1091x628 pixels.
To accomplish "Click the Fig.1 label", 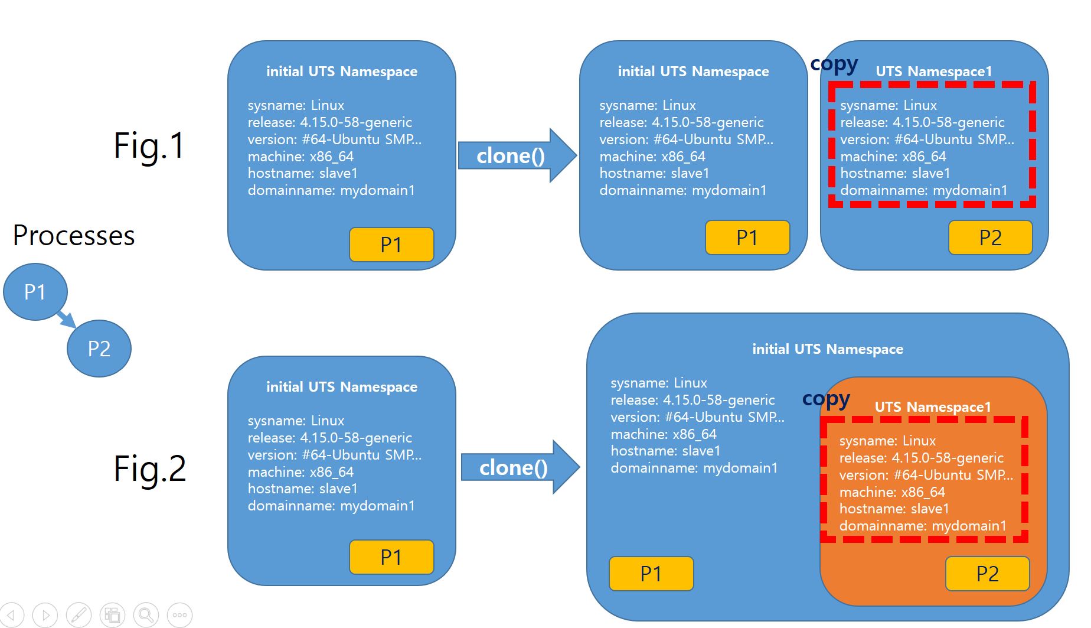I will tap(149, 146).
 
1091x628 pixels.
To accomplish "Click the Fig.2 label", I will tap(150, 468).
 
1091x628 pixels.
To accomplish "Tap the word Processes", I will tap(74, 236).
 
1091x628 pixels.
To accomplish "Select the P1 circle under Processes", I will tap(35, 292).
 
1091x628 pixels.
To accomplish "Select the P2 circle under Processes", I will tap(99, 349).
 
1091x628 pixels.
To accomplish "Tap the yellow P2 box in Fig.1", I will tap(990, 237).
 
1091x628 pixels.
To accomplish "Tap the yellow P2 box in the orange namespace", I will tap(987, 574).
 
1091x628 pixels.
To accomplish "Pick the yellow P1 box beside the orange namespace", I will tap(651, 574).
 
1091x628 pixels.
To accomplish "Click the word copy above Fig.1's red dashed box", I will tap(834, 64).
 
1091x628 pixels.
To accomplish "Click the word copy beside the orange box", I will tap(826, 399).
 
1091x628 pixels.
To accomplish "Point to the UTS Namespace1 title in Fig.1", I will tap(933, 71).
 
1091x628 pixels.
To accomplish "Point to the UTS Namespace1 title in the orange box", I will tap(932, 407).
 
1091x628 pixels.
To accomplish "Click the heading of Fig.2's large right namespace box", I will tap(828, 349).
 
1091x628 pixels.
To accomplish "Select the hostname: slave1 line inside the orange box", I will tap(894, 509).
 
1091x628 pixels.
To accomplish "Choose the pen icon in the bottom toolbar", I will tap(79, 615).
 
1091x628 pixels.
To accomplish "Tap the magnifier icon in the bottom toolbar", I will tap(146, 615).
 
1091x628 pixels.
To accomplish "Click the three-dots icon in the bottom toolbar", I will tap(179, 615).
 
